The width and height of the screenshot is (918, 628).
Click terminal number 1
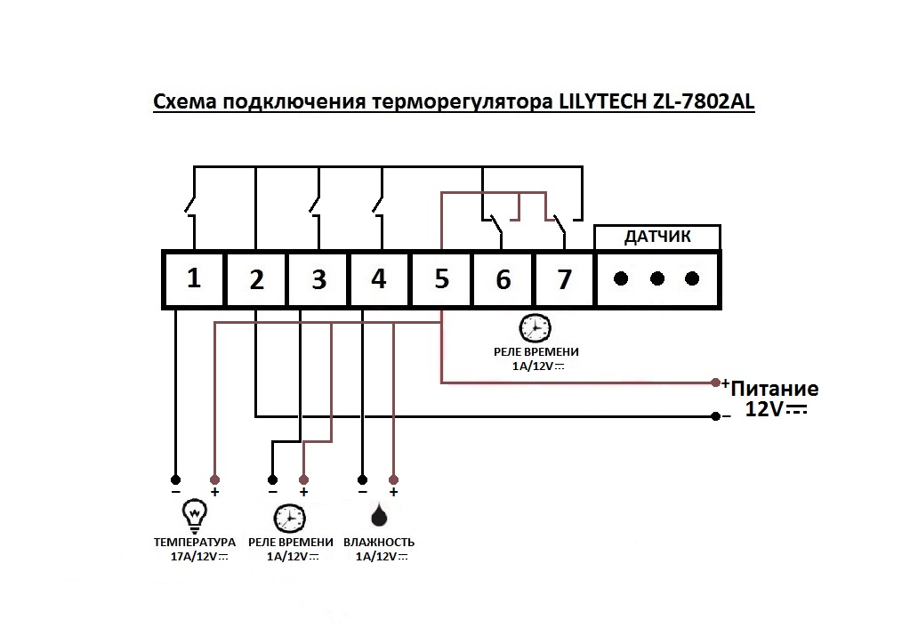tap(194, 278)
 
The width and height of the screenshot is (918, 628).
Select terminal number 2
tap(256, 279)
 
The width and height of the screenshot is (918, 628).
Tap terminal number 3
tap(318, 279)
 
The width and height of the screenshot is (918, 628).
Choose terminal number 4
tap(379, 279)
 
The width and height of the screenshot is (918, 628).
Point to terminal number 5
tap(441, 279)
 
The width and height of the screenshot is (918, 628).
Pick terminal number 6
tap(503, 279)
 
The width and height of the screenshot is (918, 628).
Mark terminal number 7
tap(564, 279)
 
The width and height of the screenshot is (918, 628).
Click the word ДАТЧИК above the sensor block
tap(657, 237)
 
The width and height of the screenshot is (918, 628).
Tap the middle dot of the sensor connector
tap(657, 278)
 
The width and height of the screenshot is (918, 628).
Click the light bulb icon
tap(195, 513)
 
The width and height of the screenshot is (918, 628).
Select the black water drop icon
tap(379, 515)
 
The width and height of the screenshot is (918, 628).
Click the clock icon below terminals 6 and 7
tap(535, 327)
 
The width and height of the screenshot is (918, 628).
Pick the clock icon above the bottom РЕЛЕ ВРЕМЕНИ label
tap(290, 518)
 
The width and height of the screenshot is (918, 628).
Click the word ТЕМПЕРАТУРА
tap(195, 543)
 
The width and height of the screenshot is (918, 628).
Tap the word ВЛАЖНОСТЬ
tap(379, 543)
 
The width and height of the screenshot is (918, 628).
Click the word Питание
tap(775, 389)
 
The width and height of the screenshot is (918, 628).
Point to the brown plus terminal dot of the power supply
tap(715, 382)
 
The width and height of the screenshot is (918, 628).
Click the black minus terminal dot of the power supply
tap(715, 416)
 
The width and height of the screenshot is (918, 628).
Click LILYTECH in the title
tap(602, 101)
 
